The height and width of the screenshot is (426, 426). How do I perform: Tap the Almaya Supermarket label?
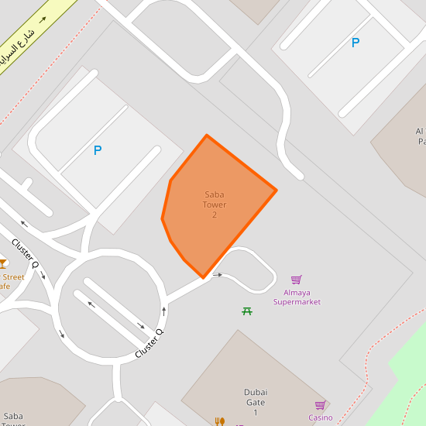point(297,297)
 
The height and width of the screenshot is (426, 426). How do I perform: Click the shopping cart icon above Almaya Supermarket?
point(296,280)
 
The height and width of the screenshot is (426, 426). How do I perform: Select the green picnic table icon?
point(247,311)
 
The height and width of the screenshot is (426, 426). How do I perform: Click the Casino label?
point(320,418)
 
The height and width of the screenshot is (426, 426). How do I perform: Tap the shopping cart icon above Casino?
point(320,405)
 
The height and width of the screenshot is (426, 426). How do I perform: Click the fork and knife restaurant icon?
point(220,421)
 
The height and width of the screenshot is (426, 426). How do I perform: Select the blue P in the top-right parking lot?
point(356,43)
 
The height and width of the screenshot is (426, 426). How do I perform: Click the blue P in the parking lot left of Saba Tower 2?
point(98,151)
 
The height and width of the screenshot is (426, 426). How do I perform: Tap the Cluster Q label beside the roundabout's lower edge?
point(149,343)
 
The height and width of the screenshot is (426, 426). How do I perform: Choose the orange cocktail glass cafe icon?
point(2,263)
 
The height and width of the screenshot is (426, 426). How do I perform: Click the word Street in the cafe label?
point(13,277)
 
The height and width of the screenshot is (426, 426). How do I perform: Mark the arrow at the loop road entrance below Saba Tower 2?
point(218,275)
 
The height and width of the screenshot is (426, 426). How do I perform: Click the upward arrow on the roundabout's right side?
point(164,311)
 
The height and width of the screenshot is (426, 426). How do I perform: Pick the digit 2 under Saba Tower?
point(215,215)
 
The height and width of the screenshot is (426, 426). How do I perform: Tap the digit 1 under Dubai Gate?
point(255,413)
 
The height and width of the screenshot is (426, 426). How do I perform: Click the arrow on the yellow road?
point(42,19)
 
